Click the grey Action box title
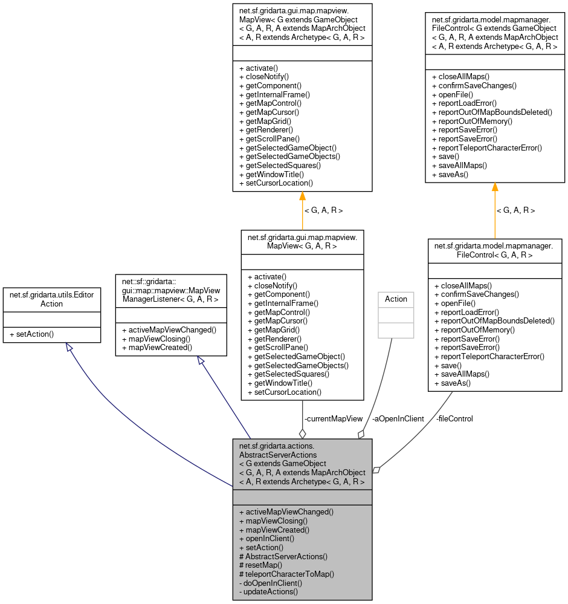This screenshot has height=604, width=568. [396, 299]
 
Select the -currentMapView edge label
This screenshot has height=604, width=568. [334, 418]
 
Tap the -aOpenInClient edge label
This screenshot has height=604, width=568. [398, 418]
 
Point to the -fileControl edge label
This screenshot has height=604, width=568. [454, 418]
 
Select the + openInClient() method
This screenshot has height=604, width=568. [266, 538]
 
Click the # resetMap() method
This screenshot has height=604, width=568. [260, 565]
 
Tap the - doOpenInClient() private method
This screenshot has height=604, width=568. [271, 583]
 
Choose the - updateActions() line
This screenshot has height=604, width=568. [269, 591]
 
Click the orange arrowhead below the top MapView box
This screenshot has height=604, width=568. [302, 197]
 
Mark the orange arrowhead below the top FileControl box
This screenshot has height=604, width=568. [495, 187]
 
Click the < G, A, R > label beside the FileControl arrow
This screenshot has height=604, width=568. [515, 210]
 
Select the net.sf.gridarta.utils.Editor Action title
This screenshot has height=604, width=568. [51, 299]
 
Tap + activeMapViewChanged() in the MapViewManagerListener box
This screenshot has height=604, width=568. [169, 330]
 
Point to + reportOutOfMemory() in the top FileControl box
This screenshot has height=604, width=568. [472, 121]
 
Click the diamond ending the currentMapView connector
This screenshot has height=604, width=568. [302, 433]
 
